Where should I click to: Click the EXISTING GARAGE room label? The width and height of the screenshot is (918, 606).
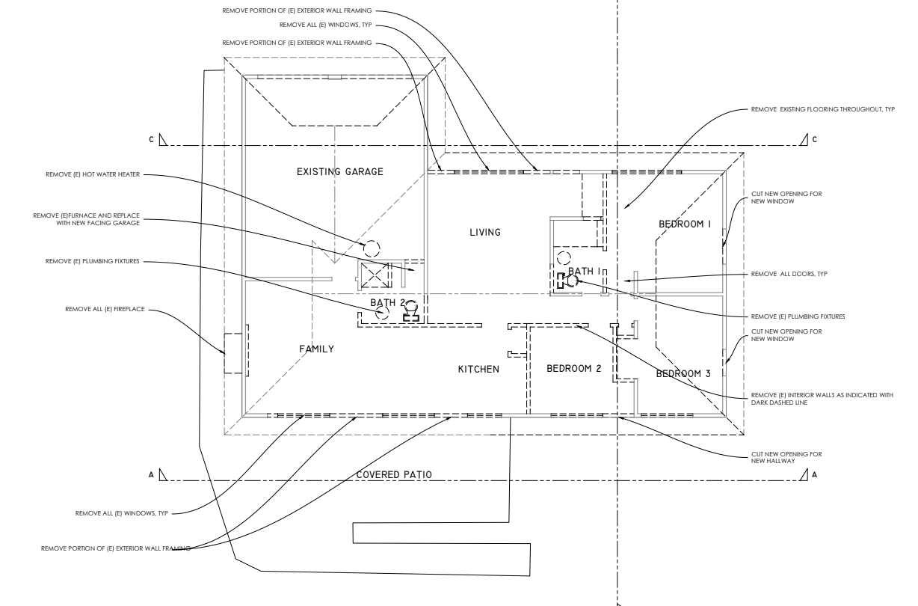(x=340, y=172)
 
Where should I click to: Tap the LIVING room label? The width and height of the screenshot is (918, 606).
(x=484, y=232)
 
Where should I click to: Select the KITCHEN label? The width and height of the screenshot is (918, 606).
(x=478, y=369)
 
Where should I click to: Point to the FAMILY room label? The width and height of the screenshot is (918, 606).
(x=316, y=349)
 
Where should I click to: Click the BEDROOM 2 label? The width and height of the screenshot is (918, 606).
(x=574, y=368)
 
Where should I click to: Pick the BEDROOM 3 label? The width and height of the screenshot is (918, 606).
(x=683, y=373)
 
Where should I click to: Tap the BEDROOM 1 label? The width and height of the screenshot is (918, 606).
(x=685, y=224)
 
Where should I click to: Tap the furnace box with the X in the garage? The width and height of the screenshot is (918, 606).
(x=375, y=275)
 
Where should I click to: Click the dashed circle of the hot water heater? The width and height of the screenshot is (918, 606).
(x=372, y=248)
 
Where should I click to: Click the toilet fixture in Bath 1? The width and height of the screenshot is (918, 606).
(x=570, y=281)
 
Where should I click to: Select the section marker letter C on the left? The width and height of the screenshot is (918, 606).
(x=153, y=139)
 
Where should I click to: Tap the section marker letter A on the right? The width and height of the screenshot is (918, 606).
(x=814, y=474)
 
